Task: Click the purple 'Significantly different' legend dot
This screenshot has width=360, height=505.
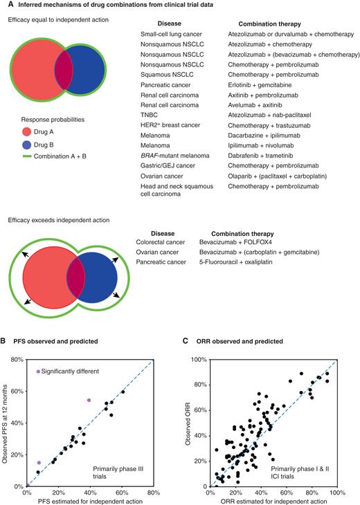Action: (38, 371)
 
